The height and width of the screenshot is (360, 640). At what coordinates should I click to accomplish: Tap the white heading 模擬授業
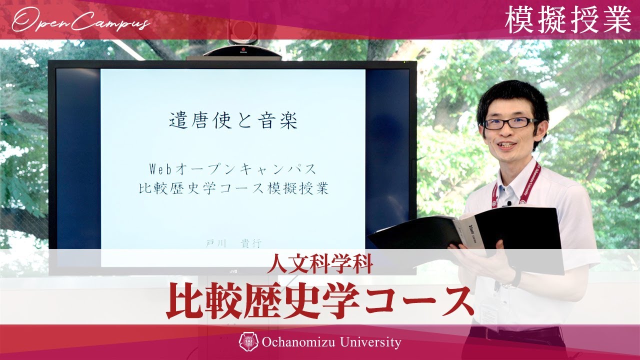pyautogui.click(x=568, y=20)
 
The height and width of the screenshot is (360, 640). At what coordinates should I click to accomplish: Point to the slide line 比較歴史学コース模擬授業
pyautogui.click(x=233, y=189)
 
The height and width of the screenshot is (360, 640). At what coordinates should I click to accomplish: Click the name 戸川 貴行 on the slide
pyautogui.click(x=233, y=243)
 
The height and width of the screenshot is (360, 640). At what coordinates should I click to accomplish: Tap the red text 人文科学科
pyautogui.click(x=320, y=264)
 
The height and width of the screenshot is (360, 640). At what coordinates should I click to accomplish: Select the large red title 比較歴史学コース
pyautogui.click(x=320, y=301)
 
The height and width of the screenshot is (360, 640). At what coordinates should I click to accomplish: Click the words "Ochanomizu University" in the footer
pyautogui.click(x=331, y=342)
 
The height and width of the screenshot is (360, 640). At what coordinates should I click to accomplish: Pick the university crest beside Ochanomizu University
pyautogui.click(x=249, y=342)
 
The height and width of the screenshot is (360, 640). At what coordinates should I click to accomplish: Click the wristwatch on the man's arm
pyautogui.click(x=515, y=277)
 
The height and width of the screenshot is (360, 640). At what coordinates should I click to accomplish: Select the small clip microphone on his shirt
pyautogui.click(x=508, y=203)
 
